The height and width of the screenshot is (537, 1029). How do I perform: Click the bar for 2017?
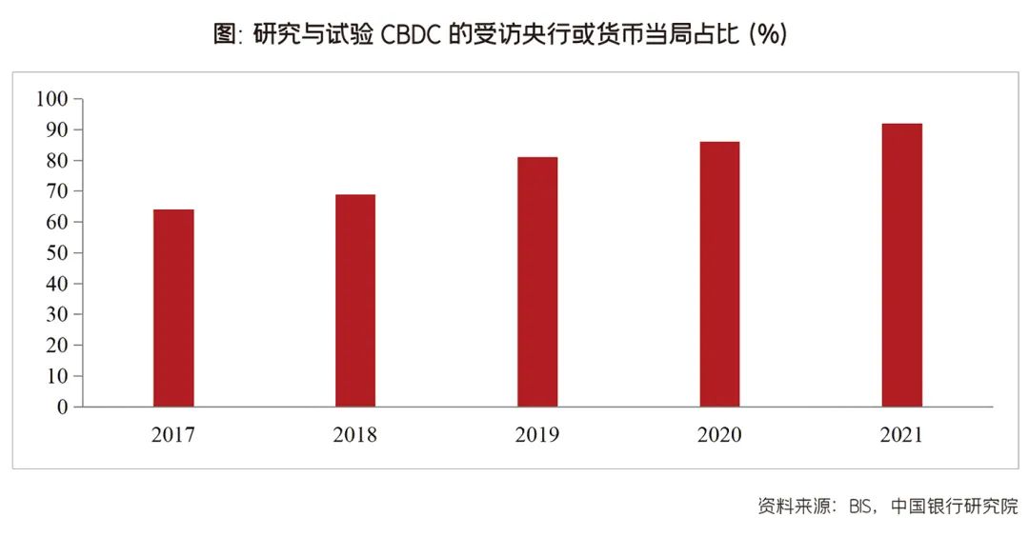click(x=173, y=308)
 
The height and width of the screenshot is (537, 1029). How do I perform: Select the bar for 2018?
click(x=355, y=300)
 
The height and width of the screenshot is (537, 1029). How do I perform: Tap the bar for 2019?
click(x=537, y=282)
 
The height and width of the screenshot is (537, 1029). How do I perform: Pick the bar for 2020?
click(x=719, y=274)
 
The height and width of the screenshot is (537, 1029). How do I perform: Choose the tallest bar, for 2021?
click(x=901, y=265)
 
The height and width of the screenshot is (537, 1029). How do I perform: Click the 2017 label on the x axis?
click(x=173, y=435)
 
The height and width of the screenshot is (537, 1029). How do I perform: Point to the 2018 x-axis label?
click(x=355, y=435)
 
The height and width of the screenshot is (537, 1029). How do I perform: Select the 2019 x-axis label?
click(x=537, y=435)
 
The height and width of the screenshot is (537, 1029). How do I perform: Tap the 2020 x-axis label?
click(x=719, y=435)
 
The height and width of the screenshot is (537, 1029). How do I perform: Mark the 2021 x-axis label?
click(x=901, y=435)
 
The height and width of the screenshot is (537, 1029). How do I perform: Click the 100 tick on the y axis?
click(x=51, y=99)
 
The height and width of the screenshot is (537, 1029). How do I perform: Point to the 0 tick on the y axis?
click(x=63, y=407)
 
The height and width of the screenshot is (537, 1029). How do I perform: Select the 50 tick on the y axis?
click(x=57, y=253)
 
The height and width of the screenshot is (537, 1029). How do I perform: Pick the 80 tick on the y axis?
click(x=57, y=161)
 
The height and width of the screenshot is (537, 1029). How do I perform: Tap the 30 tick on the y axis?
click(x=57, y=314)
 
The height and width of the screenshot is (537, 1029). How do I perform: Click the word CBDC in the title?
click(x=412, y=34)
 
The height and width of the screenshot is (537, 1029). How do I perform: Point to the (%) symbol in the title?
click(x=767, y=34)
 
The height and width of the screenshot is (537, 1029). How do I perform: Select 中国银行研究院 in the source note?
click(x=955, y=507)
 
